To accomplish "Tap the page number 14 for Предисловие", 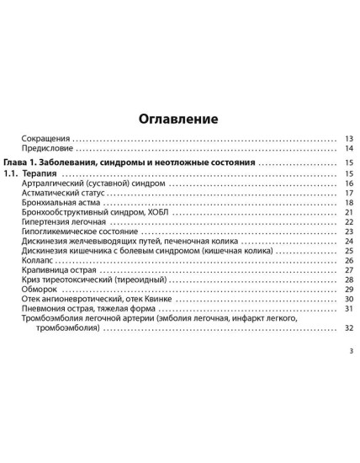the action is pos(348,148).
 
